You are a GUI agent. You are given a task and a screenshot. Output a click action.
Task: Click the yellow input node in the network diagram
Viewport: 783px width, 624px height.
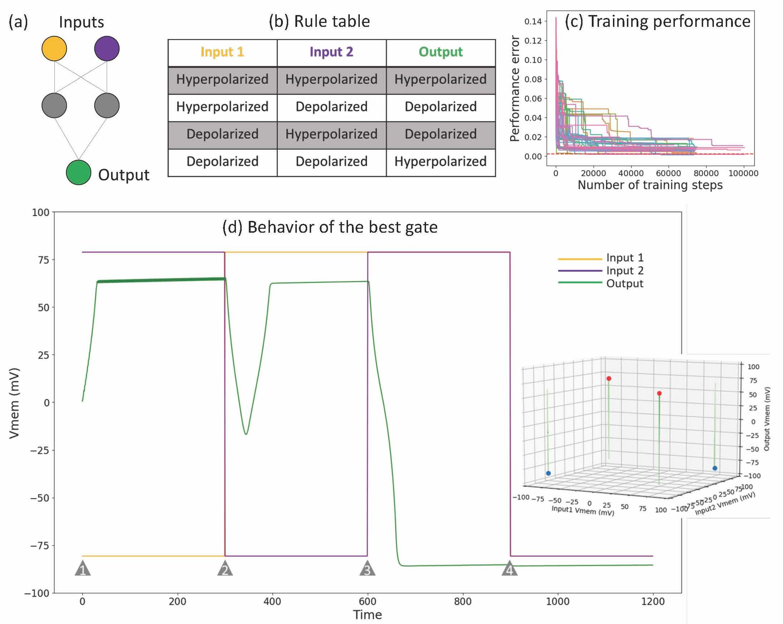point(54,48)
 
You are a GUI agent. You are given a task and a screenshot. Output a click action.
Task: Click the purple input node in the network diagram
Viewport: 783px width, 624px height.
point(107,48)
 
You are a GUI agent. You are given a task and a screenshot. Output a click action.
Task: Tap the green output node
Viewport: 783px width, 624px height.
point(78,173)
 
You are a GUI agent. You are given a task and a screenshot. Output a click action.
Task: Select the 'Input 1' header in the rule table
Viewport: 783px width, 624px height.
point(222,52)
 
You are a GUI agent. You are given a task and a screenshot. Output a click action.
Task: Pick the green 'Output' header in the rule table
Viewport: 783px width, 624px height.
point(440,52)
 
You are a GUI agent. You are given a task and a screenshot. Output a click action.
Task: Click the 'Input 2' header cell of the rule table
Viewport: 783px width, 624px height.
point(331,52)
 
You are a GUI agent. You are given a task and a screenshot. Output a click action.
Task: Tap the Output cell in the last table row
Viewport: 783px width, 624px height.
point(440,161)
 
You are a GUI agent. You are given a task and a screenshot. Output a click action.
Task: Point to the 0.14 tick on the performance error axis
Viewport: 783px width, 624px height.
point(533,21)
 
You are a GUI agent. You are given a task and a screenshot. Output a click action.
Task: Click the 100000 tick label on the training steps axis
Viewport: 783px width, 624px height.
point(743,173)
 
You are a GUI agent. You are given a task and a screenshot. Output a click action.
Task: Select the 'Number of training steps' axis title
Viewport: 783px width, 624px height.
point(650,185)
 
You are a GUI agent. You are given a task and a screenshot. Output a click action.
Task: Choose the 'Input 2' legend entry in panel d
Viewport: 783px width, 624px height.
point(625,271)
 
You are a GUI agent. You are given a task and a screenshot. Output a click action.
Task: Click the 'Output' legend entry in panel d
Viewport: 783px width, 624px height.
point(625,283)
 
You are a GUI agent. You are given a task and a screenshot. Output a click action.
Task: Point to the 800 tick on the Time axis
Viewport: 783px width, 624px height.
point(462,601)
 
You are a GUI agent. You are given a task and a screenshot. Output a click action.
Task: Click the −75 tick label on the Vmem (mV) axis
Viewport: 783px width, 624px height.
point(39,546)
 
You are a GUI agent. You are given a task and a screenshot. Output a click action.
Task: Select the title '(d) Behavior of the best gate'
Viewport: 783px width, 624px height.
point(330,227)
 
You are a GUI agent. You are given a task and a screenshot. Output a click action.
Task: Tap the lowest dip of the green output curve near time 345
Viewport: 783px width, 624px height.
point(246,434)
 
